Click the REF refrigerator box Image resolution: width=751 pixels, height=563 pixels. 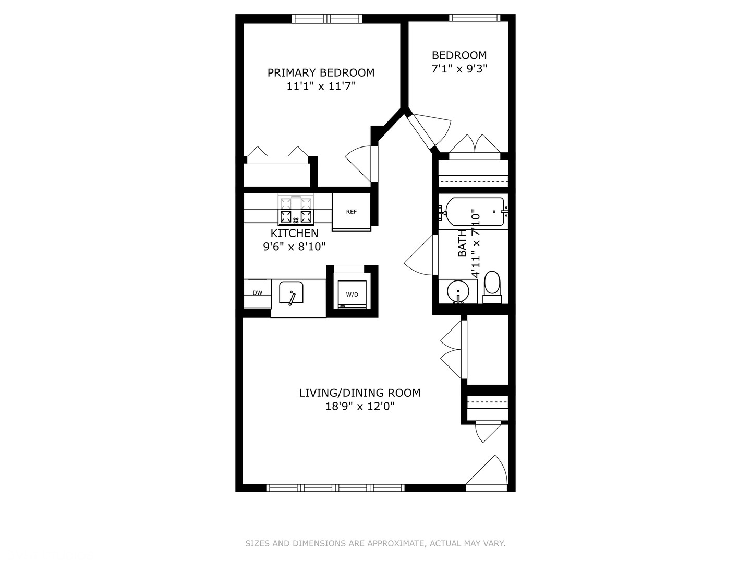coord(352,212)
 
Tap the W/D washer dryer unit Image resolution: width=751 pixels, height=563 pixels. coord(352,295)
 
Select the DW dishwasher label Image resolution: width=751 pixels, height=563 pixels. coord(258,293)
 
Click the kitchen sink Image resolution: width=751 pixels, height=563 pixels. coord(291,293)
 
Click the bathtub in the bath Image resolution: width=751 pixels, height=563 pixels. coord(471,211)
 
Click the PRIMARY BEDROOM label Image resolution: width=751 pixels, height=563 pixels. coord(321,72)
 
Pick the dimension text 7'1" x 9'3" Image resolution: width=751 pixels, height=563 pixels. coord(459,68)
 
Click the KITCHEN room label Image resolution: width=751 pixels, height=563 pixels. coord(294,233)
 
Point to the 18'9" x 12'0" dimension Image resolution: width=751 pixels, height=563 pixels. coord(360,406)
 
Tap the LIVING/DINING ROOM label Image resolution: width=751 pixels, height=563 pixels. coord(359,393)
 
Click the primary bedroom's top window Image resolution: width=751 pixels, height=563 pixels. coord(327,19)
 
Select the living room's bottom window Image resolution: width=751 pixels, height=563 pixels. coord(335,488)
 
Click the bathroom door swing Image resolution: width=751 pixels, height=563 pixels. coord(420,255)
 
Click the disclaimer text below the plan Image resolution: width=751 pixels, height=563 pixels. coord(375,543)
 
